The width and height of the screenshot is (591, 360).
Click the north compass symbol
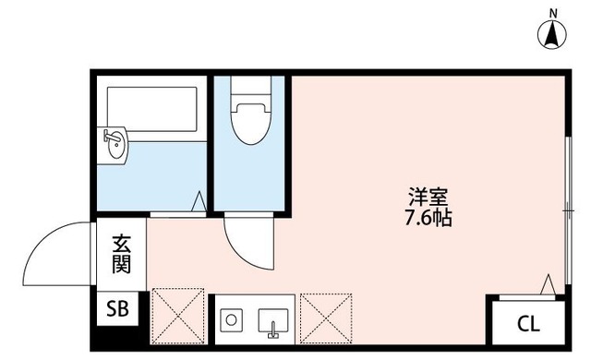click(x=553, y=36)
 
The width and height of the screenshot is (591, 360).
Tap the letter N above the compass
click(x=553, y=12)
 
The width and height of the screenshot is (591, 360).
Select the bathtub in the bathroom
click(x=152, y=111)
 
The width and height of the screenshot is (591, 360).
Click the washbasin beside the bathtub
click(x=115, y=146)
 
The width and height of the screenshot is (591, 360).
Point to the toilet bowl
click(x=248, y=125)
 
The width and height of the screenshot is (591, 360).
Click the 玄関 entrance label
click(x=122, y=256)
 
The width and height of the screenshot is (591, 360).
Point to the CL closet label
click(x=527, y=323)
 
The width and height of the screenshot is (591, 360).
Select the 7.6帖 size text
click(x=428, y=222)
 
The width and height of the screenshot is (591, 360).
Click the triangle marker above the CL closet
click(x=549, y=285)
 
